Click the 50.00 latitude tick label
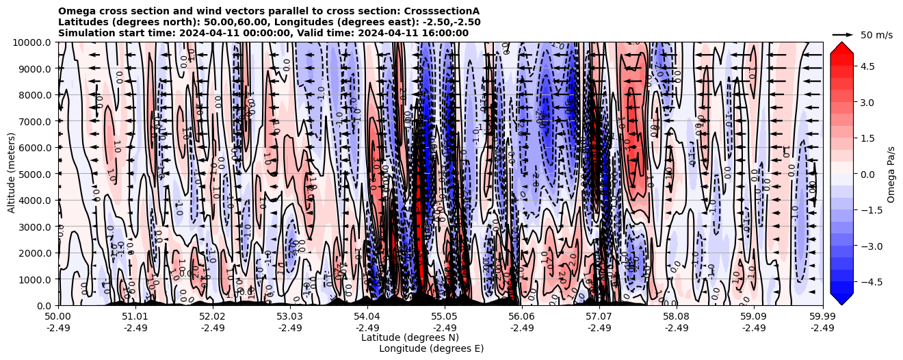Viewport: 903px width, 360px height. click(58, 317)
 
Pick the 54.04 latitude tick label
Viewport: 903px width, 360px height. click(367, 317)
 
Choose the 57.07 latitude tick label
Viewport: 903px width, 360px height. click(599, 317)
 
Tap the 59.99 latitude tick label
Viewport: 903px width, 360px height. click(822, 317)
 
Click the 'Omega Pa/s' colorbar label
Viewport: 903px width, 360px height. click(891, 174)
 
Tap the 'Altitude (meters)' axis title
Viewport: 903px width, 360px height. click(12, 174)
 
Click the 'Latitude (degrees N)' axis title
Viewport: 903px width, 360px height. click(410, 337)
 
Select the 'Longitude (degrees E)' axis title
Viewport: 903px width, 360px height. click(431, 348)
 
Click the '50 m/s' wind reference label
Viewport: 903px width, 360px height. click(877, 35)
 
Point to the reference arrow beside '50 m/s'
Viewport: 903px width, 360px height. click(843, 34)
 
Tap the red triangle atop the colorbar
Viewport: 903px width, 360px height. click(841, 47)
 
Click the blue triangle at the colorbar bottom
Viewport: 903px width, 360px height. click(841, 298)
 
